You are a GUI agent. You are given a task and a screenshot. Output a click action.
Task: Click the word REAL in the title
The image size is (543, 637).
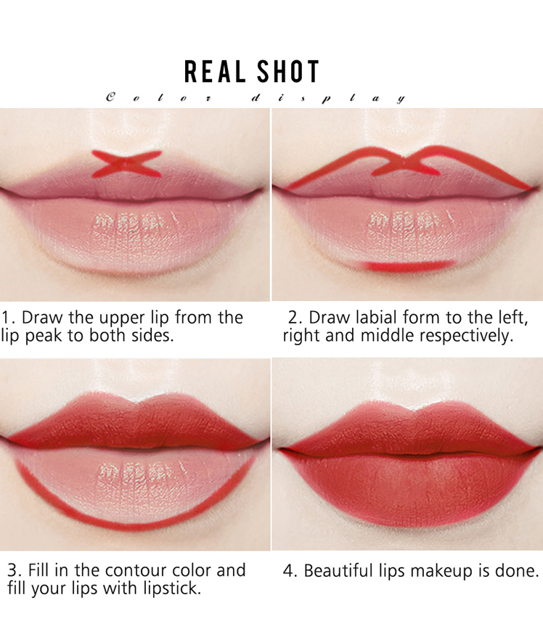pos(214,72)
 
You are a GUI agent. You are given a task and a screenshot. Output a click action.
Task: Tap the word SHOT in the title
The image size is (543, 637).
pos(288,72)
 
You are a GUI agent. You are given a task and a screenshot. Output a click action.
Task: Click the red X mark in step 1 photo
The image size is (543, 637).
pos(126,164)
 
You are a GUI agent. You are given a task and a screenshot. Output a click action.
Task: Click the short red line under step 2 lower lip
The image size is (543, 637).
pos(409,266)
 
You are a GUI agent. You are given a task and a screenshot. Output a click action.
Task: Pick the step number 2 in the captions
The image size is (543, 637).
pos(293,318)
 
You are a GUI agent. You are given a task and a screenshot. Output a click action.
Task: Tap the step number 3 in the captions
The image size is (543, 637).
pos(12,570)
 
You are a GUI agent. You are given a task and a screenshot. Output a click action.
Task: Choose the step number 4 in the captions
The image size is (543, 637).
pos(288,571)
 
